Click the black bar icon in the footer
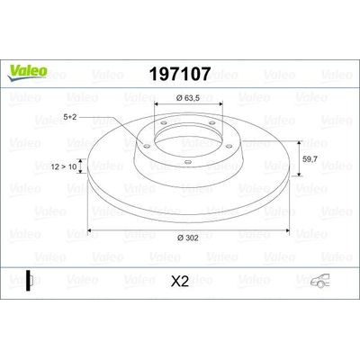click(28, 280)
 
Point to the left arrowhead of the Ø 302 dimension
click(91, 228)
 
